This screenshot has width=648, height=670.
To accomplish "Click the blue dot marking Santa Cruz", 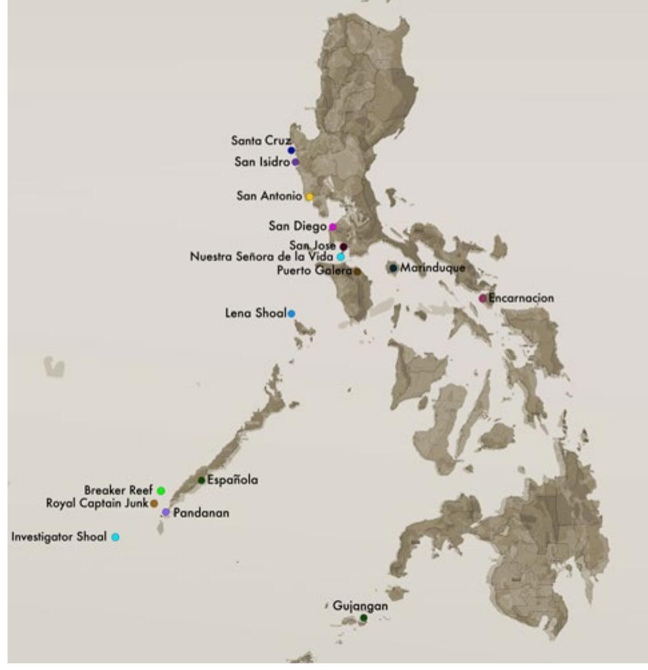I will [x=291, y=150].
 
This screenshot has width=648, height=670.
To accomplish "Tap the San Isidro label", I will [x=262, y=161].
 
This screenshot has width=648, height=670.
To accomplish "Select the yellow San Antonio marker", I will [x=309, y=196].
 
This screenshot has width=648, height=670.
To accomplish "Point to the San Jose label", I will [x=312, y=246].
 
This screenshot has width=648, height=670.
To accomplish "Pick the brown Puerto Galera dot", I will [x=357, y=271].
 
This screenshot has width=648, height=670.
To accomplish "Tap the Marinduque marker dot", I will [x=393, y=268].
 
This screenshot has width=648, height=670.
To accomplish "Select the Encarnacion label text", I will [x=521, y=298].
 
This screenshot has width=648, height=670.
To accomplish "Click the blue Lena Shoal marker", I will [x=292, y=313].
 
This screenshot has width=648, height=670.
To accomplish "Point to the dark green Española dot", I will [x=202, y=480].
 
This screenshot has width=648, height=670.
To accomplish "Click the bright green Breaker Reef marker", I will [x=161, y=490].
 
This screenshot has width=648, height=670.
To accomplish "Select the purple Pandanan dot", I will [x=166, y=512].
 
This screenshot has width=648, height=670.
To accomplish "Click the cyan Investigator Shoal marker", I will [x=115, y=537].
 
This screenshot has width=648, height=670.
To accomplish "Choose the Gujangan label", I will [x=360, y=607].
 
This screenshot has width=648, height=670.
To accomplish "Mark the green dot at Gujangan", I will [x=363, y=618].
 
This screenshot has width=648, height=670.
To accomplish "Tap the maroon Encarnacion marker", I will [x=482, y=298].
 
